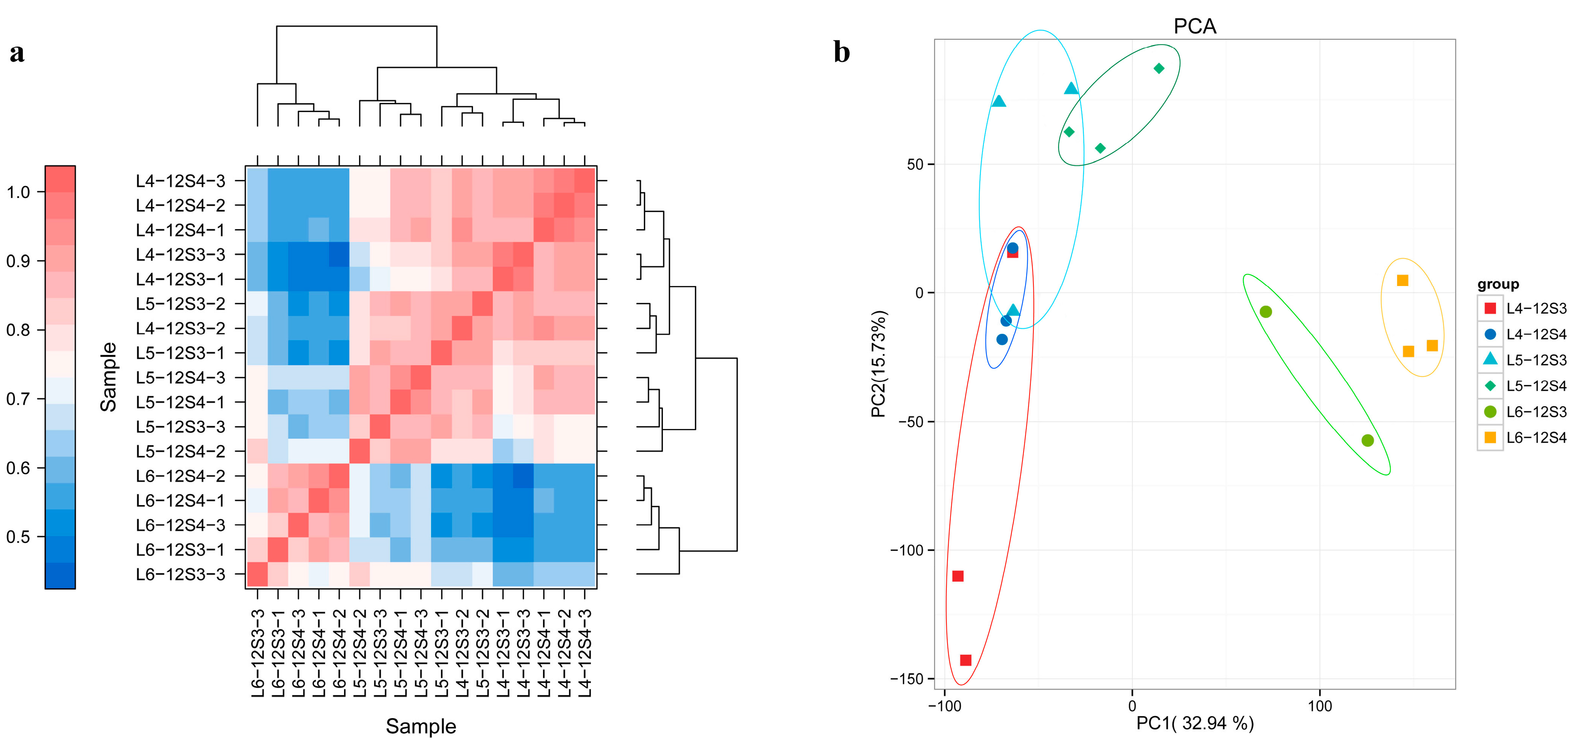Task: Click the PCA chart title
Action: (x=1194, y=26)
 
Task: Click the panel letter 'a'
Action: (x=17, y=53)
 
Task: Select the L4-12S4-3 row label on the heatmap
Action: (x=180, y=181)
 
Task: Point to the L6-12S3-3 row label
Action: (x=180, y=574)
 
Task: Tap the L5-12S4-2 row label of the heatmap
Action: (x=180, y=451)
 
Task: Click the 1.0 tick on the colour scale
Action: (x=19, y=192)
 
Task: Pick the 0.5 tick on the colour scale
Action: (x=19, y=537)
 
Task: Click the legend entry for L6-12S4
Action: (x=1536, y=438)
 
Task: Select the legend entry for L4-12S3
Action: (x=1536, y=308)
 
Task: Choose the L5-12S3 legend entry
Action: (x=1536, y=360)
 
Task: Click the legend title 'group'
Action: (x=1498, y=284)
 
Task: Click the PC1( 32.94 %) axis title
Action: (x=1194, y=723)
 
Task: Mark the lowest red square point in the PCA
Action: (x=965, y=660)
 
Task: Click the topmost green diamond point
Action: (x=1159, y=68)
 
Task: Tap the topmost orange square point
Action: (x=1402, y=280)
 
